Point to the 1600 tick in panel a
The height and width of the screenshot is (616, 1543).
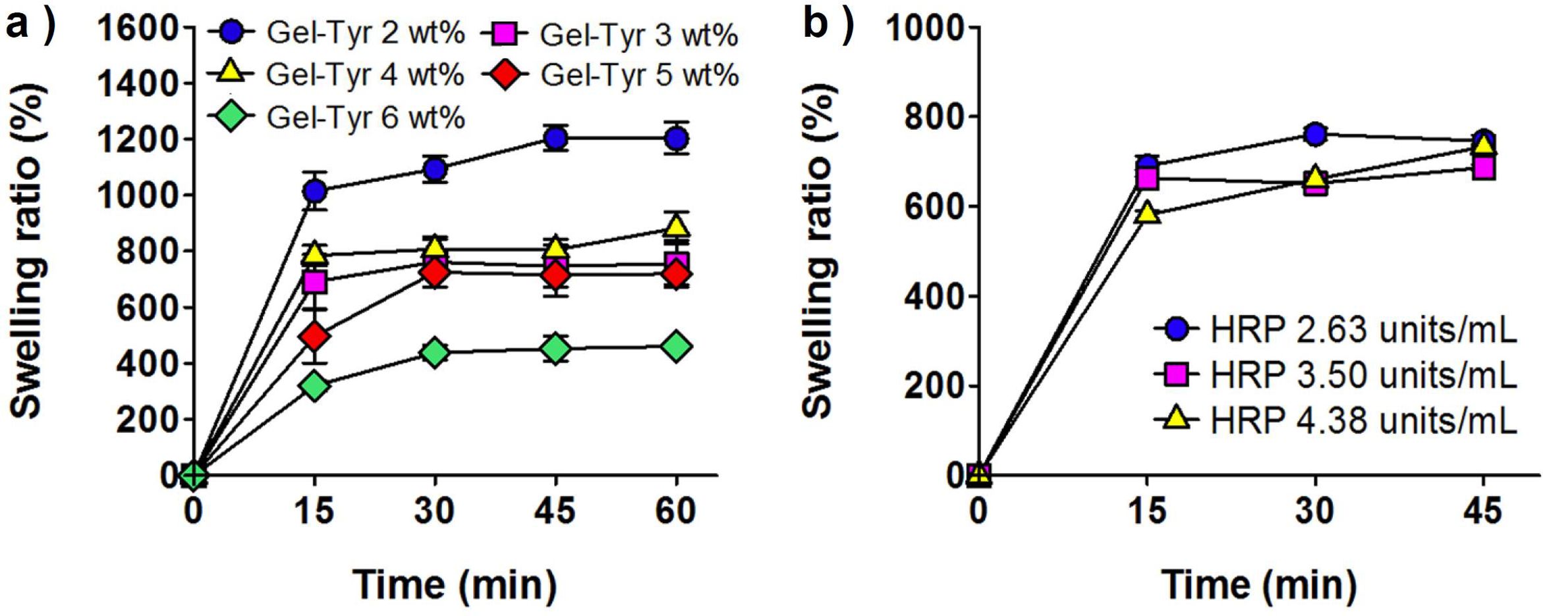tap(138, 28)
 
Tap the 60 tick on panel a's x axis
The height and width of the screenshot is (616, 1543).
tap(676, 511)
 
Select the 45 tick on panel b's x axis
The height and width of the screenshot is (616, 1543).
tap(1483, 511)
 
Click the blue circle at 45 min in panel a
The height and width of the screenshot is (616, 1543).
tap(555, 138)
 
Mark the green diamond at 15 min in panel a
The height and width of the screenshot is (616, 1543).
tap(315, 385)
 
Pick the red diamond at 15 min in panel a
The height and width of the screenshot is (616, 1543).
tap(315, 337)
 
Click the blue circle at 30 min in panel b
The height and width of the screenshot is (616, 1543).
tap(1315, 134)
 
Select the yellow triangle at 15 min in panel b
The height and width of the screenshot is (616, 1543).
tap(1148, 213)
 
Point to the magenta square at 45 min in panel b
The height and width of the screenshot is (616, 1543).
tap(1483, 168)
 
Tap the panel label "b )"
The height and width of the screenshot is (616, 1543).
tap(828, 26)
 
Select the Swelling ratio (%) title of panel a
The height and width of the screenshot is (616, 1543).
tap(28, 250)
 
